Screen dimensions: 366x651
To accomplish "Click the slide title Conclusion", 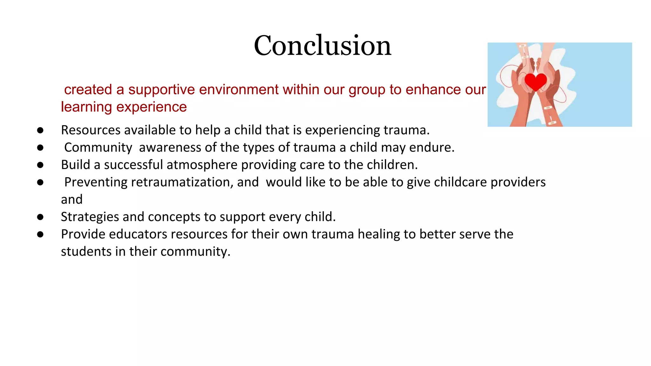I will pyautogui.click(x=322, y=45).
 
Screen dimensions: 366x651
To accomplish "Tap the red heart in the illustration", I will pyautogui.click(x=536, y=81).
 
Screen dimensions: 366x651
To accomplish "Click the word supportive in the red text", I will pyautogui.click(x=161, y=90).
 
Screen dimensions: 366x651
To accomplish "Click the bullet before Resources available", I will pyautogui.click(x=40, y=130).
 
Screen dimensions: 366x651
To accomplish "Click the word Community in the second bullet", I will pyautogui.click(x=98, y=148).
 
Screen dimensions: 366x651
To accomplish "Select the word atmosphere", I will pyautogui.click(x=202, y=165).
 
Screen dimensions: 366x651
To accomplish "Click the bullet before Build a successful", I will pyautogui.click(x=40, y=165).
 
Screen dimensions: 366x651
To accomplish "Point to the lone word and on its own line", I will pyautogui.click(x=72, y=200).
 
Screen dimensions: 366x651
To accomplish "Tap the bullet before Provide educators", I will pyautogui.click(x=40, y=234).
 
